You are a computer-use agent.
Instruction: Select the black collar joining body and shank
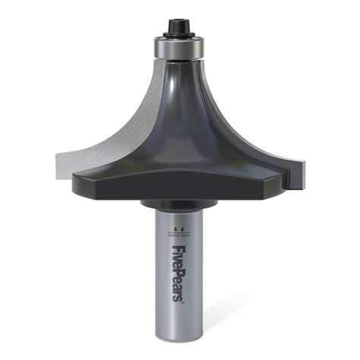pos(180,204)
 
